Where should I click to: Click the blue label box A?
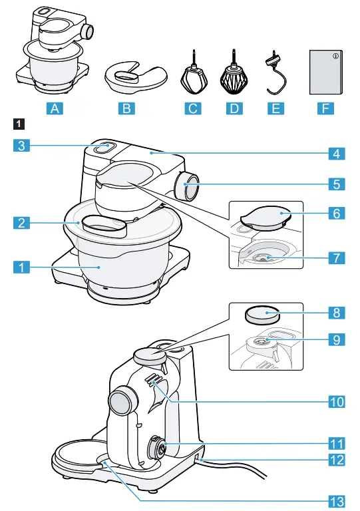tap(57, 109)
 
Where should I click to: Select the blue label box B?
tap(126, 109)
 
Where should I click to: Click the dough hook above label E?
tap(274, 74)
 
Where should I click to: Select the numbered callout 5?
tap(337, 182)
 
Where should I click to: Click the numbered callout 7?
tap(337, 255)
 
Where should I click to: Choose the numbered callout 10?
tap(337, 401)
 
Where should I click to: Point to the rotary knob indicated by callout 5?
tap(187, 188)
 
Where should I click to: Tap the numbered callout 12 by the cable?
tap(337, 459)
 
